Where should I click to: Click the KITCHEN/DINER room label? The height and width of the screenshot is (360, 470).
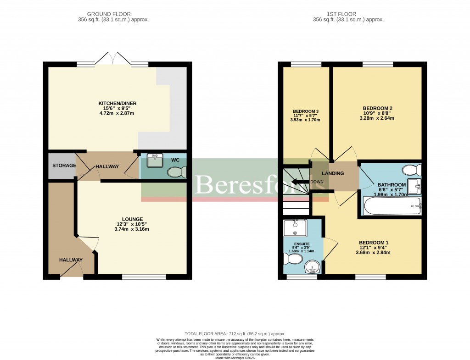coord(117,103)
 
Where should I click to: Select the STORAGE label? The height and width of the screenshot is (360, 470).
coord(64,165)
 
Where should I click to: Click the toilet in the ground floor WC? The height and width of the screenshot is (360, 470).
coord(177,172)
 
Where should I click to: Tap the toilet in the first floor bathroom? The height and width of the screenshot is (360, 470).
coord(411,171)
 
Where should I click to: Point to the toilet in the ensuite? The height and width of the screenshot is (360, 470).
coord(293,260)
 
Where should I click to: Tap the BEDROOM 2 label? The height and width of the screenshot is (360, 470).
coord(378,109)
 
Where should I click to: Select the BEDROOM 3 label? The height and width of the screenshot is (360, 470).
coord(305,111)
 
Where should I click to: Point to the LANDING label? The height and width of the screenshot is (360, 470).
coord(333,173)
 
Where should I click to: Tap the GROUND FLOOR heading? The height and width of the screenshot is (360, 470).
coord(113,14)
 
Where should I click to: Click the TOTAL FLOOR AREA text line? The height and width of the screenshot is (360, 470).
coord(235,334)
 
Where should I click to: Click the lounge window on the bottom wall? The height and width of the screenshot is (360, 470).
coord(144,277)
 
